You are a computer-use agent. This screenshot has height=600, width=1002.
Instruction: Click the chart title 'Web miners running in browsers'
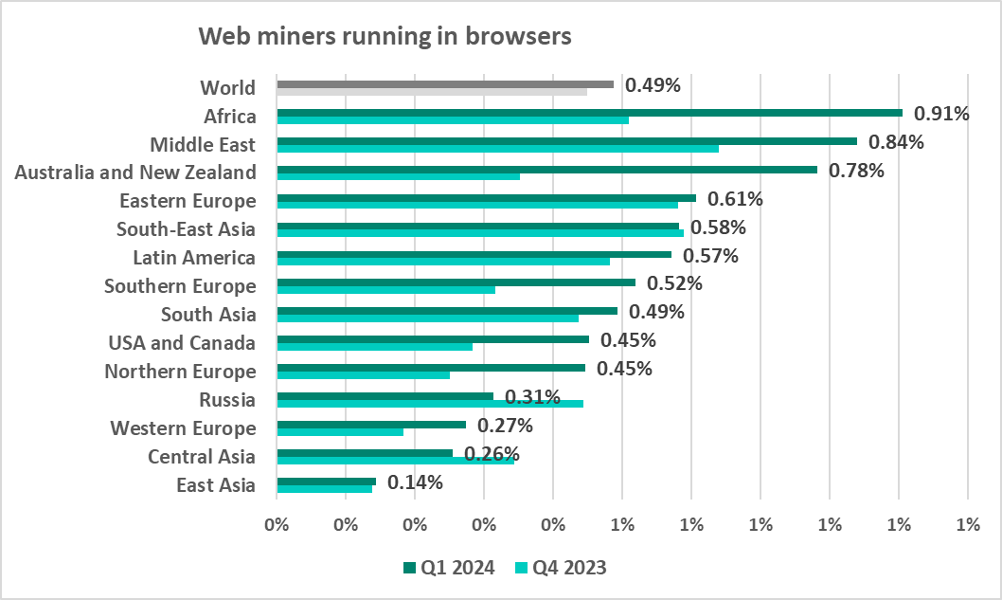point(385,37)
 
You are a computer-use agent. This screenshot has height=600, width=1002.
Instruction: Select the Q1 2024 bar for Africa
point(589,112)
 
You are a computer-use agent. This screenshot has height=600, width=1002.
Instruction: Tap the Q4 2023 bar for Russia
point(429,404)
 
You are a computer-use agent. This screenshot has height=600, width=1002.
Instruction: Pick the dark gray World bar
point(445,83)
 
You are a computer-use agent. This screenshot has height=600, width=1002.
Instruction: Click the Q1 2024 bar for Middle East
point(566,140)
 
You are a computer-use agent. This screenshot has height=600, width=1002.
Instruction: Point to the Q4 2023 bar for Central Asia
point(395,461)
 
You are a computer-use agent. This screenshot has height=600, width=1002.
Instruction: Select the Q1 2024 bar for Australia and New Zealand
point(546,169)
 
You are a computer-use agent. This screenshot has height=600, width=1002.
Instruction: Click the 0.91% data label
point(941,115)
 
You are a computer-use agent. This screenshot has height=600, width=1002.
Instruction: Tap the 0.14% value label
point(415,483)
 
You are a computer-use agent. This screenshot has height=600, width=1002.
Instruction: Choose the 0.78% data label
point(856,172)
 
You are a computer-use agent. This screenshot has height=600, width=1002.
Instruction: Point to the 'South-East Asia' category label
point(186,229)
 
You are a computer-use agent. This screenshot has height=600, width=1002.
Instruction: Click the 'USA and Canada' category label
point(182,342)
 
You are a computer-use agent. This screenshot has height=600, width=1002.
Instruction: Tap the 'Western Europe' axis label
point(183,428)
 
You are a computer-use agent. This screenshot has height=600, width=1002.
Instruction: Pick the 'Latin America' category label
point(194,258)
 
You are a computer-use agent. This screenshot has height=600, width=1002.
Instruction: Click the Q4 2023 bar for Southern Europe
point(385,290)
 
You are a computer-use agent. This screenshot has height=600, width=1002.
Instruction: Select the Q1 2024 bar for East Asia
point(326,482)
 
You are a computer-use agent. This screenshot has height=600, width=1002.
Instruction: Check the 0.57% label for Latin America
point(710,256)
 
